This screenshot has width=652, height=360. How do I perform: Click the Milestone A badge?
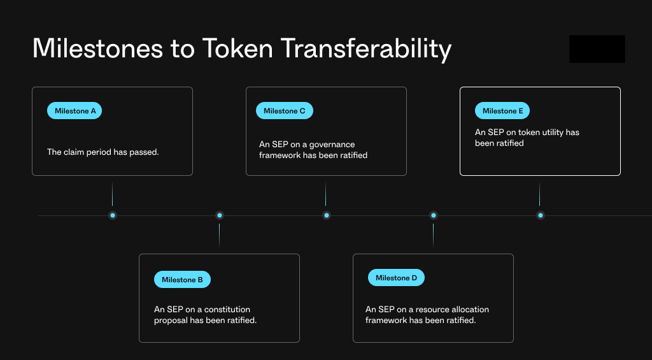[74, 111]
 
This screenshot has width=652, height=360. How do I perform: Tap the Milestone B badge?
[182, 280]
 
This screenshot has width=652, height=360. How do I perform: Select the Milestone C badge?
[285, 111]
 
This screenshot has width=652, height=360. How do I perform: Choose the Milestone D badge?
[396, 278]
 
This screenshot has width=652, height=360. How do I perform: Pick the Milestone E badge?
[502, 111]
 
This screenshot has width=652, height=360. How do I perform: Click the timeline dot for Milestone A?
[112, 215]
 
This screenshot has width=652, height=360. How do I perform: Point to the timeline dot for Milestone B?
[220, 215]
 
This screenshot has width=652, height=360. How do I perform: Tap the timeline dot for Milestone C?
[327, 215]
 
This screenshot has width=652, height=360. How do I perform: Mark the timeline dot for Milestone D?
[433, 215]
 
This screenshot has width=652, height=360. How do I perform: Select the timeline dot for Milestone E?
[540, 215]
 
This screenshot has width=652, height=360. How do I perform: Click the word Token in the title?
[237, 48]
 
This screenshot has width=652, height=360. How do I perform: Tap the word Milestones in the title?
[97, 48]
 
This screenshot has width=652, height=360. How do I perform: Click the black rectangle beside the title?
[597, 49]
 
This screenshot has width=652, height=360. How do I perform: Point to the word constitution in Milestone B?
[227, 310]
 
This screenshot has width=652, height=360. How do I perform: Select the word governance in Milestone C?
[332, 145]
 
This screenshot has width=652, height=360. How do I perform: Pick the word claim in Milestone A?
[73, 152]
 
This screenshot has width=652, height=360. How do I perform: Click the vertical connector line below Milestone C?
[325, 194]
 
